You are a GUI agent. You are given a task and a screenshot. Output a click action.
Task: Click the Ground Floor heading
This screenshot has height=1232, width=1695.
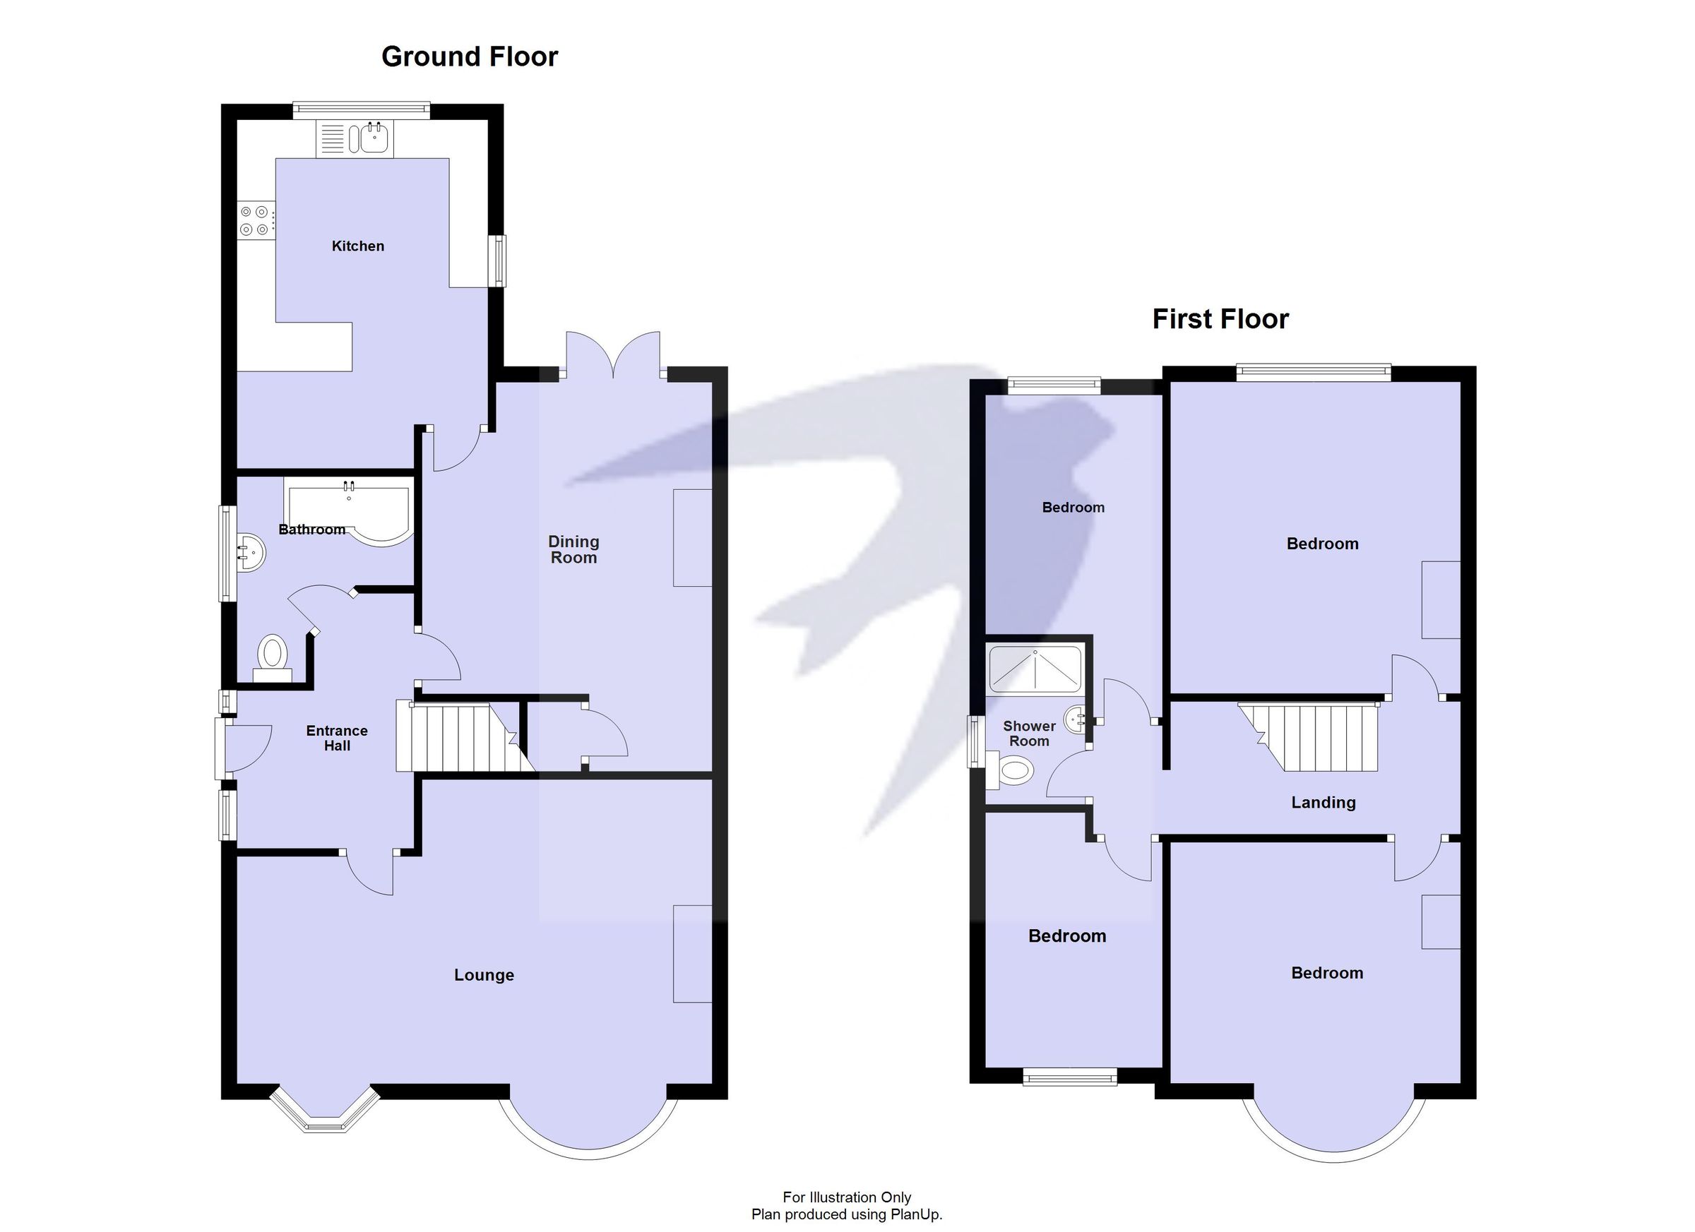(470, 56)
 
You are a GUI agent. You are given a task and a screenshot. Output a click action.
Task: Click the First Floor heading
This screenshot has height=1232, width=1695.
(1220, 319)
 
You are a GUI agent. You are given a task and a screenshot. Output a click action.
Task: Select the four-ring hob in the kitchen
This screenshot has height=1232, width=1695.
(254, 221)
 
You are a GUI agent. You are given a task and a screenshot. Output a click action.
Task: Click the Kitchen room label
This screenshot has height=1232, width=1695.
(357, 246)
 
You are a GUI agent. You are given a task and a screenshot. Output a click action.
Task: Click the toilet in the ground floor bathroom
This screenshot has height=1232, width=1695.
(272, 656)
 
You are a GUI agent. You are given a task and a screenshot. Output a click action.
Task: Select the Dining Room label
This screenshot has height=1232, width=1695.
(573, 549)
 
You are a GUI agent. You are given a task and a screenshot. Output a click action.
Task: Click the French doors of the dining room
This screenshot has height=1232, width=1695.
(613, 357)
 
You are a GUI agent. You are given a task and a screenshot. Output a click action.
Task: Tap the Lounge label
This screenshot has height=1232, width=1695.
(484, 975)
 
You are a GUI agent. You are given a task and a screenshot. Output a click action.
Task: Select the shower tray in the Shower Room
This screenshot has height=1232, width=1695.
(1035, 669)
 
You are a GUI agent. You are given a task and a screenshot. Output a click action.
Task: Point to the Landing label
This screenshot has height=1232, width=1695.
(1323, 803)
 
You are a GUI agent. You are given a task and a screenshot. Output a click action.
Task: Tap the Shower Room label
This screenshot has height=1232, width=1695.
(1029, 734)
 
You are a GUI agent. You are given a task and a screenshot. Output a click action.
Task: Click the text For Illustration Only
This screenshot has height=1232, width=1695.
(846, 1197)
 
